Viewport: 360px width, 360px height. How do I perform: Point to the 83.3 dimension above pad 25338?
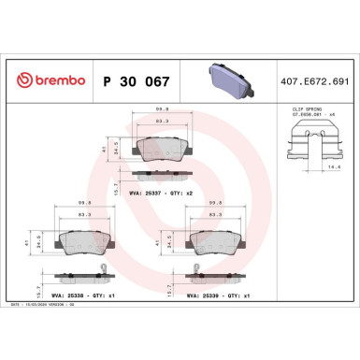[86, 216]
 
